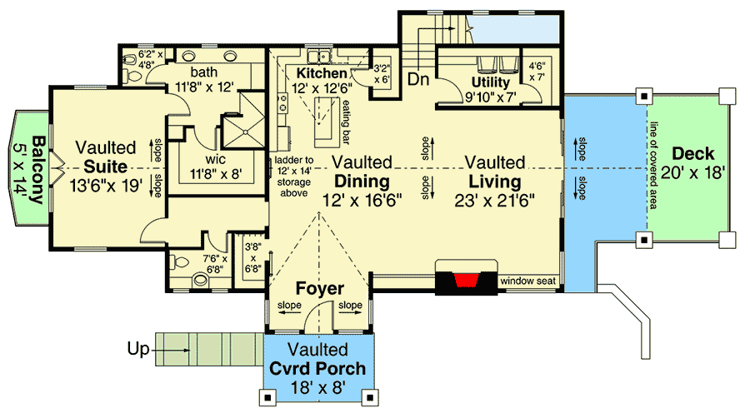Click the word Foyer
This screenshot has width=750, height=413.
coord(320,289)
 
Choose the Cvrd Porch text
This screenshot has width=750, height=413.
coord(317,368)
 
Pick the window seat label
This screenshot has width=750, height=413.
coord(527,281)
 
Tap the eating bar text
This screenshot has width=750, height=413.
coord(343,120)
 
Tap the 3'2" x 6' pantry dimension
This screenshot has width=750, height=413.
coord(382,74)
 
